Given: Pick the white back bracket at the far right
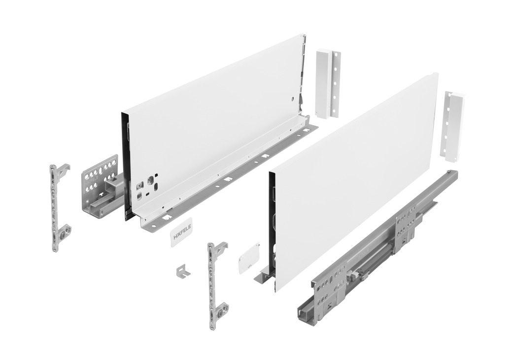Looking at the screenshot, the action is point(455,125).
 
